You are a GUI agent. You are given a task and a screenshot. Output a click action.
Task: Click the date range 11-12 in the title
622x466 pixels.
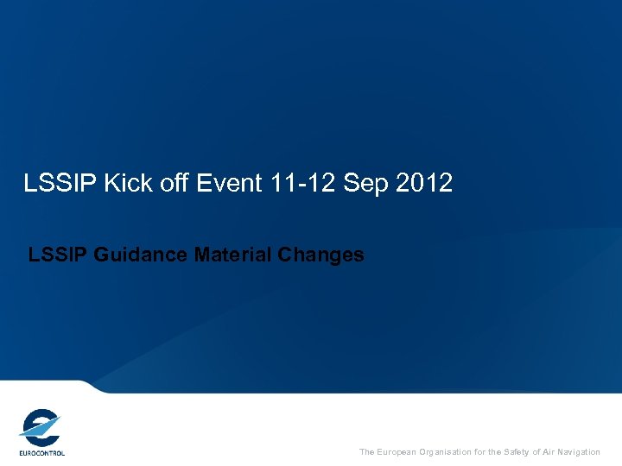pyautogui.click(x=292, y=183)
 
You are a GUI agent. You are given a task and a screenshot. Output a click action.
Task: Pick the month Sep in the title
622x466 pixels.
pyautogui.click(x=362, y=183)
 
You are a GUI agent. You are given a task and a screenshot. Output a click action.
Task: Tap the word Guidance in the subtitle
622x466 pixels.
pyautogui.click(x=140, y=255)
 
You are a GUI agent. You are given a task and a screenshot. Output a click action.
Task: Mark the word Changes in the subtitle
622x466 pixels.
pyautogui.click(x=323, y=255)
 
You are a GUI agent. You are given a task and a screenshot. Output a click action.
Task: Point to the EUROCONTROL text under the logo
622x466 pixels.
pyautogui.click(x=41, y=452)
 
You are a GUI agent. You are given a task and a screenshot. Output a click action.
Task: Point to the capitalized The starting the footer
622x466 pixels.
pyautogui.click(x=367, y=452)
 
